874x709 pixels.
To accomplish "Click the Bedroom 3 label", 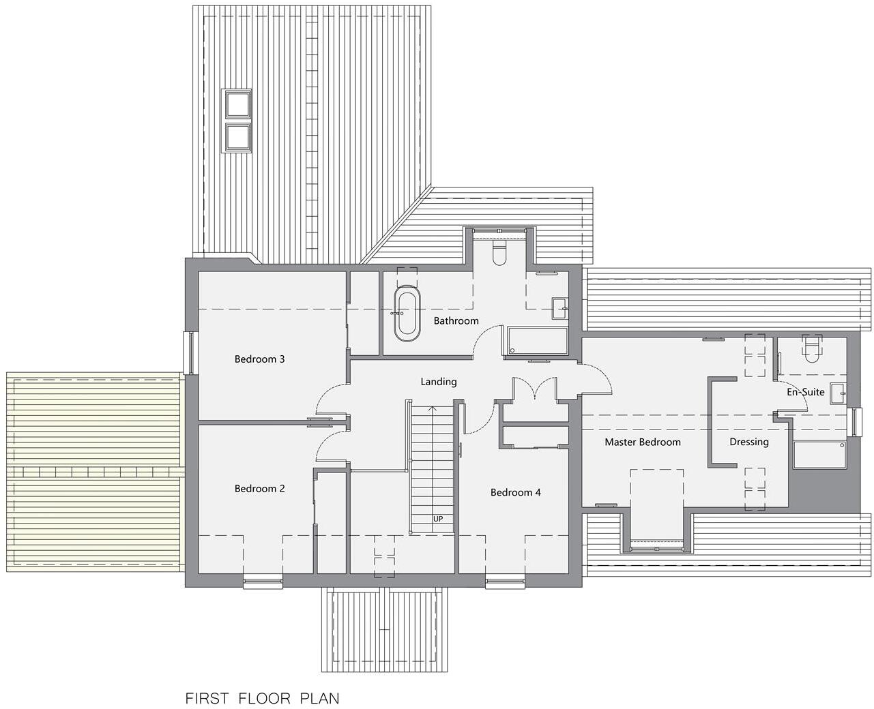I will [259, 359].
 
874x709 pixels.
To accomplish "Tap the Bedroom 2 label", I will [259, 489].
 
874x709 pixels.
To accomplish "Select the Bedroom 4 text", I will [515, 492].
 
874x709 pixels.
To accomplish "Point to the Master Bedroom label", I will [642, 442].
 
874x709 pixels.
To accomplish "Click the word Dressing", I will [748, 442].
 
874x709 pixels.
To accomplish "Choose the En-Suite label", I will [805, 392].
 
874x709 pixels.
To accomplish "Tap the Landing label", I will [438, 382].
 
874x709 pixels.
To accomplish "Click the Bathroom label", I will [456, 320].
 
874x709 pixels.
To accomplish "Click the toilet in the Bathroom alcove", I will [499, 254].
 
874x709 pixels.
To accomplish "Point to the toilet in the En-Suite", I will [811, 349].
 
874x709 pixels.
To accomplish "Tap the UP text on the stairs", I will [438, 519].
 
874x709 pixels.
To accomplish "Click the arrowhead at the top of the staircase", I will [431, 409].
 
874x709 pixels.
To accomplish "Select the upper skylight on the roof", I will [237, 104].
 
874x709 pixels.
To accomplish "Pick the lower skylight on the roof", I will [237, 136].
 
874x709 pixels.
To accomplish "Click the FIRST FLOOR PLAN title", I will [262, 699].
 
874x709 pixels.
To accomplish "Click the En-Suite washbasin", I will [838, 393].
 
